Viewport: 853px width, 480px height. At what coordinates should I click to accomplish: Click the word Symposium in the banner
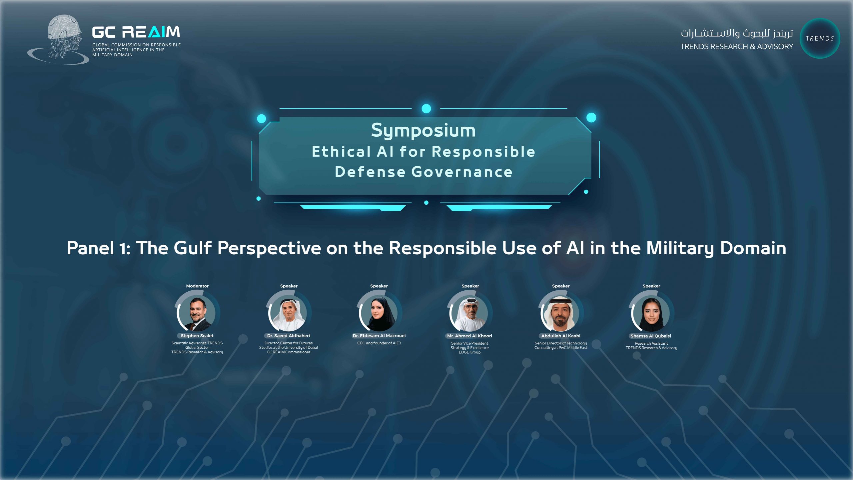tap(423, 131)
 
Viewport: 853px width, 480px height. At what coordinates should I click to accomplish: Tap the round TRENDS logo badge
tap(820, 38)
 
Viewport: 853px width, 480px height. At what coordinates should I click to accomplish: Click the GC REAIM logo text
tap(136, 32)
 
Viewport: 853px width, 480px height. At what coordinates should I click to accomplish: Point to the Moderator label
tap(197, 286)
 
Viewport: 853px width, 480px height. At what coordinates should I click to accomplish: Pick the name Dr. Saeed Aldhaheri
tap(289, 336)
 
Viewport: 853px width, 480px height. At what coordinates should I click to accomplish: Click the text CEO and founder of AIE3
tap(379, 343)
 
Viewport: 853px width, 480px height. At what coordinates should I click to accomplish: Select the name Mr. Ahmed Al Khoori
tap(469, 336)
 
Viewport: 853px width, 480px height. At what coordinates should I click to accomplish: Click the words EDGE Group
tap(469, 352)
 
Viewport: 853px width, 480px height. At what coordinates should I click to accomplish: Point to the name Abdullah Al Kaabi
tap(561, 336)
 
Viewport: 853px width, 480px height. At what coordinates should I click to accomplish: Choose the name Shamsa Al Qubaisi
tap(651, 336)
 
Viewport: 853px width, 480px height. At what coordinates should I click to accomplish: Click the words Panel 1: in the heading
tap(99, 248)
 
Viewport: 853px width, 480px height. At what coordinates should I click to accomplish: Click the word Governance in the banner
tap(462, 172)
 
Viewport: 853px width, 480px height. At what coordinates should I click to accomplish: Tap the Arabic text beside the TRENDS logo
tap(737, 33)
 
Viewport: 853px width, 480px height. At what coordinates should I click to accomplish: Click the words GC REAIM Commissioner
tap(289, 352)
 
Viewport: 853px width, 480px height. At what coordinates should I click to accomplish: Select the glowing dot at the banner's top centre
tap(426, 108)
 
